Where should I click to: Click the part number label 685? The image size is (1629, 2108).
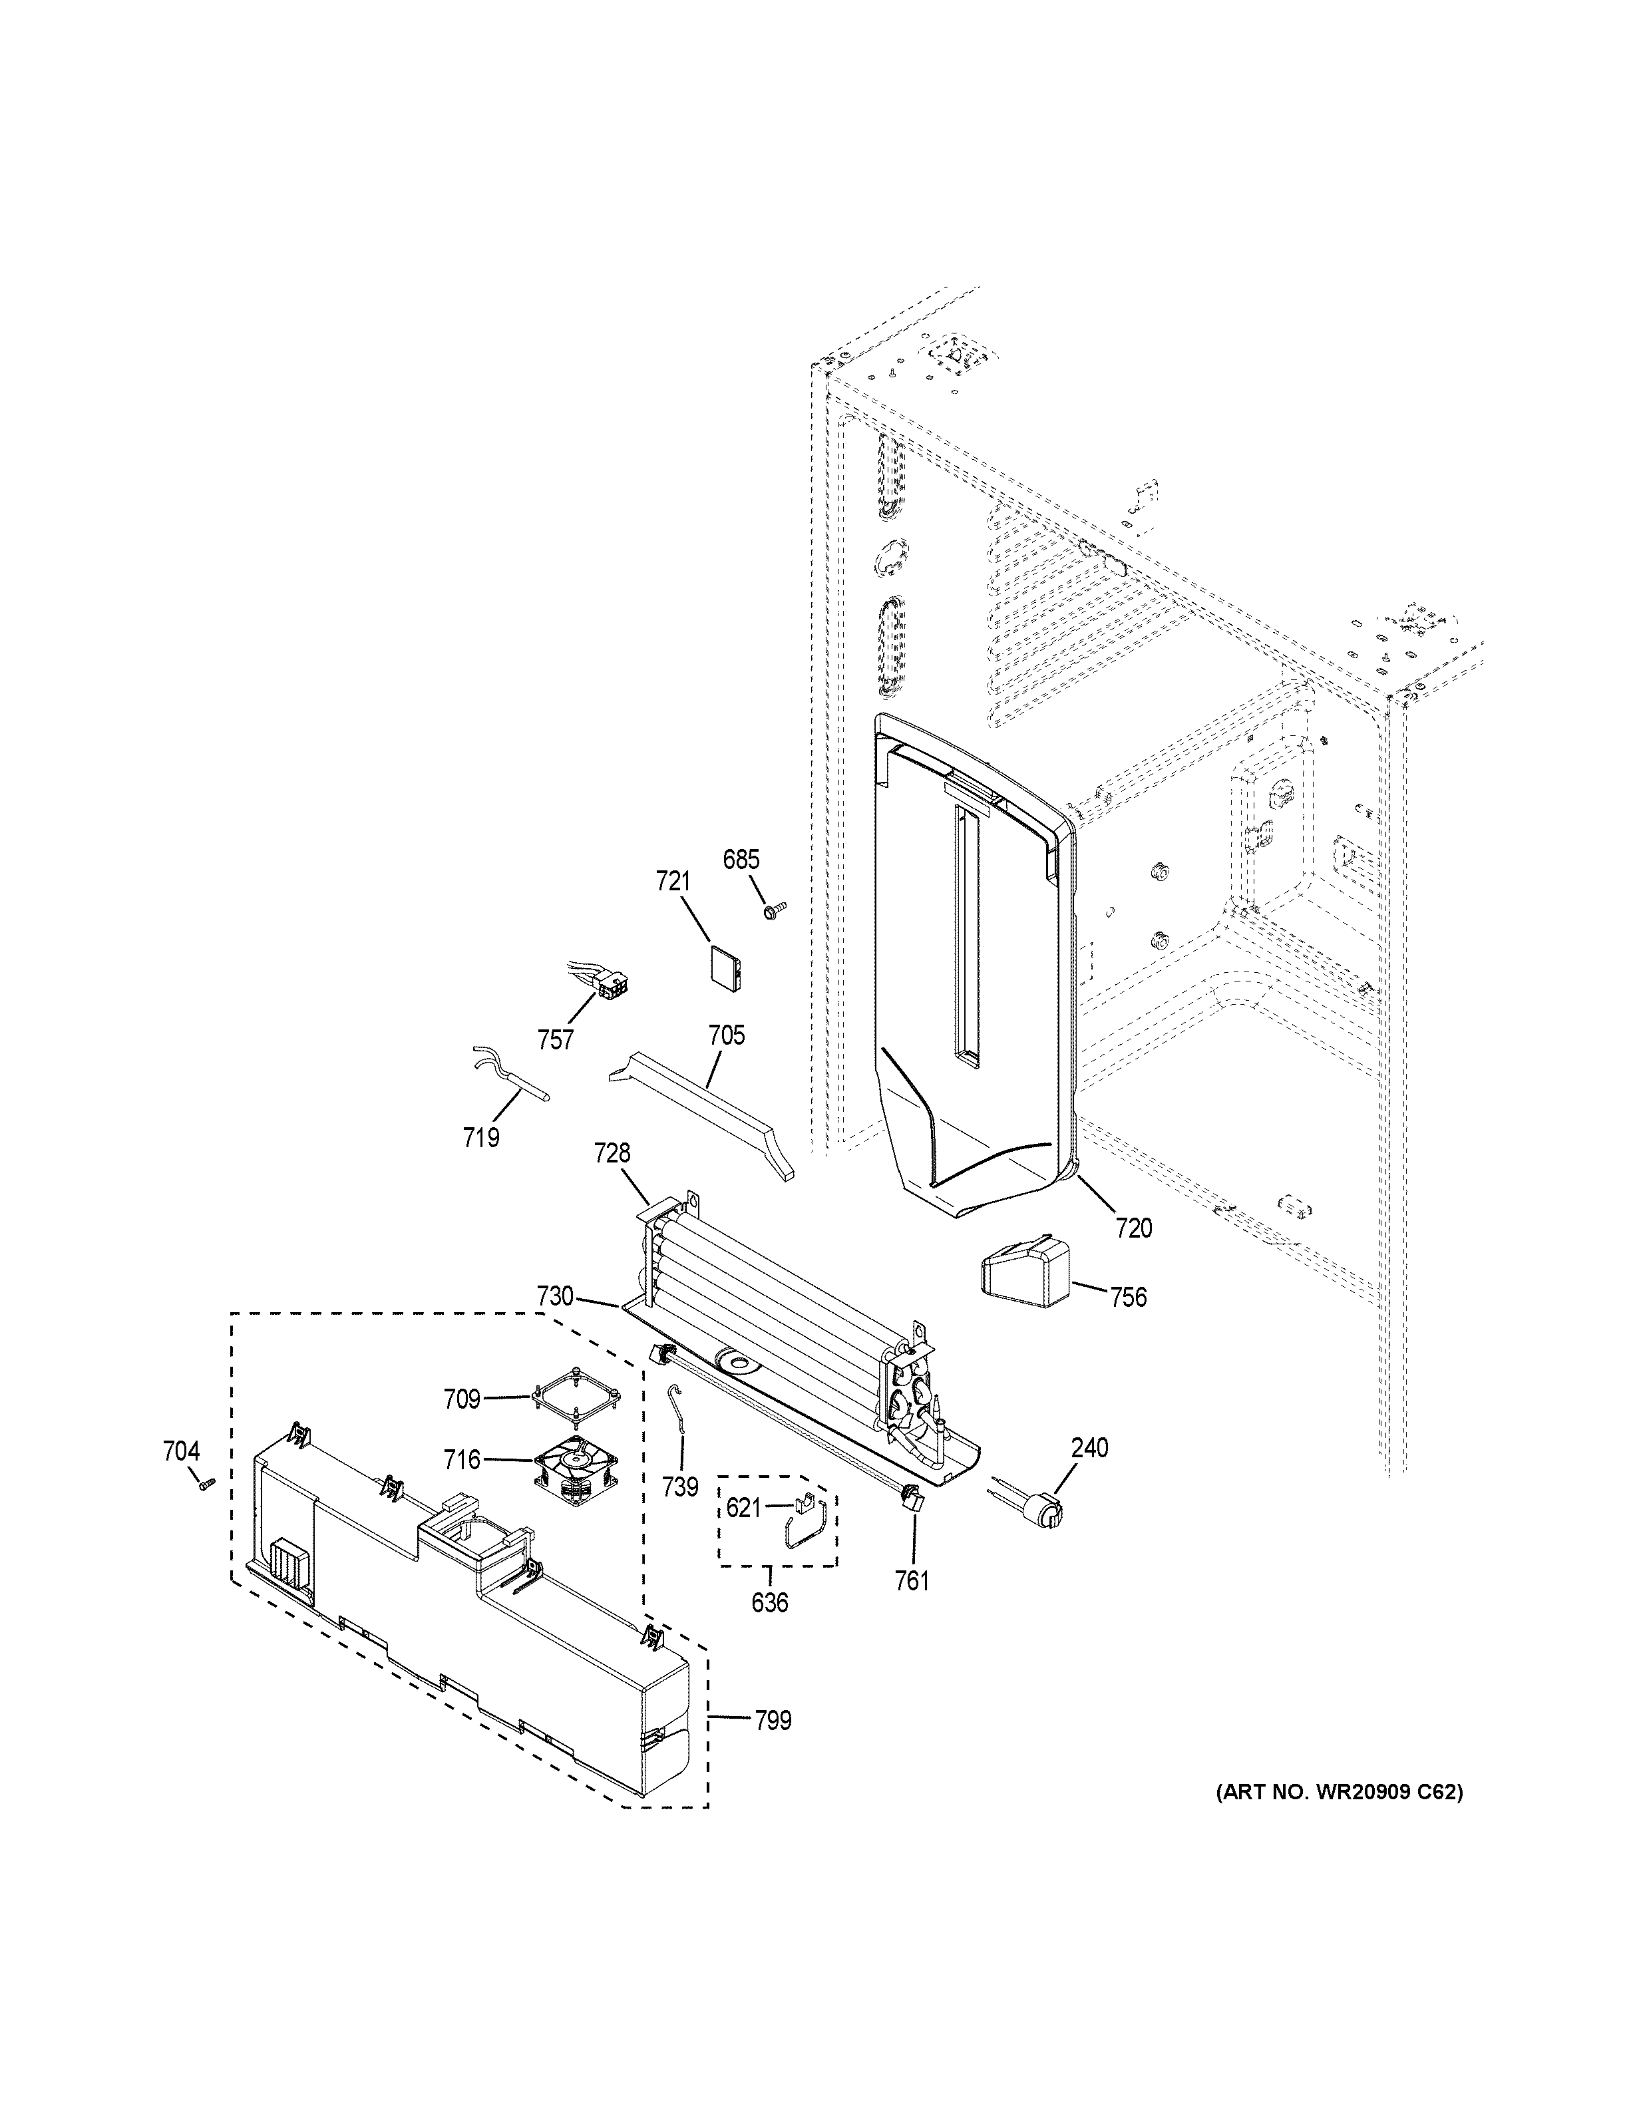741,859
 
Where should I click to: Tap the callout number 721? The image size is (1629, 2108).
673,881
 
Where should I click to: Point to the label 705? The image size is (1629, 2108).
726,1035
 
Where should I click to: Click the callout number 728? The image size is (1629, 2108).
612,1152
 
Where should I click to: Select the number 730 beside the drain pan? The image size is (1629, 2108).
555,1296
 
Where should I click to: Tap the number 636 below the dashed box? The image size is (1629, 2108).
769,1603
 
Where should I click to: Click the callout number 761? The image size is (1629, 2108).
911,1581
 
